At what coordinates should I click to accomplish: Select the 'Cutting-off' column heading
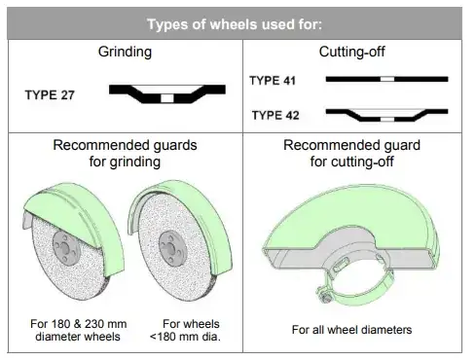click(x=350, y=52)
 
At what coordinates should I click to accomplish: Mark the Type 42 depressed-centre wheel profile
click(x=387, y=115)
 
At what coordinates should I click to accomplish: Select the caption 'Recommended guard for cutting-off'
click(x=351, y=153)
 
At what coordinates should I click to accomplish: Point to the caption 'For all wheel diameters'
click(x=351, y=330)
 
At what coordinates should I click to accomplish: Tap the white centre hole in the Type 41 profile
click(x=387, y=79)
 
